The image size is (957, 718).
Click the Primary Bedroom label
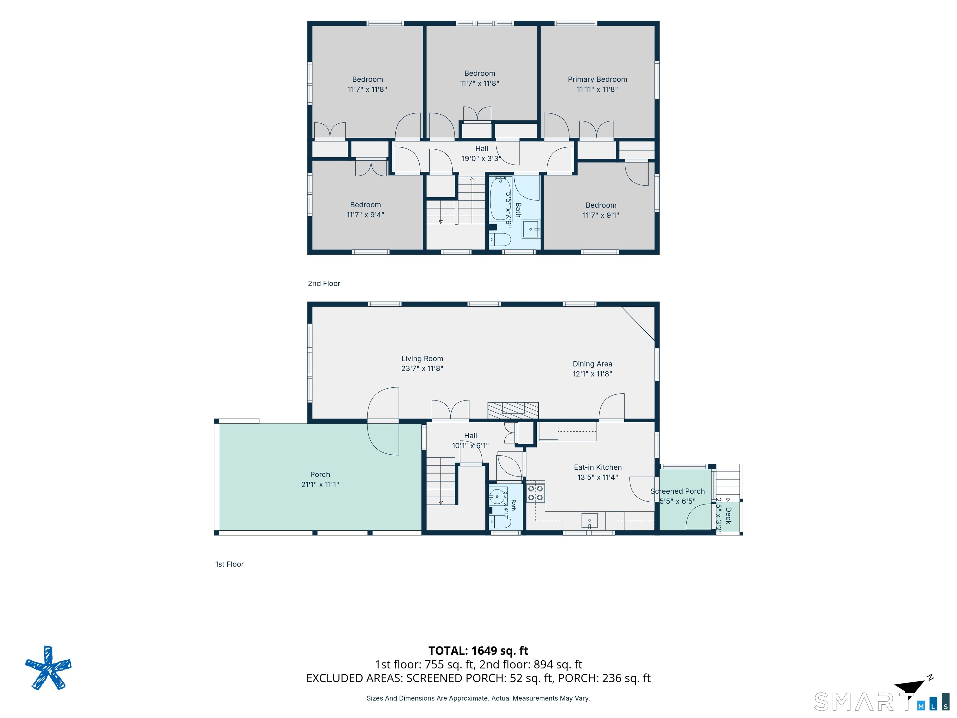597,79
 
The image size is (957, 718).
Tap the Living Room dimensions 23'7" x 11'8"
422,368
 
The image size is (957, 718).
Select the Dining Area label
592,364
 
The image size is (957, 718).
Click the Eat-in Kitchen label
598,467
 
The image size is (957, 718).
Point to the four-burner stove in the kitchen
535,492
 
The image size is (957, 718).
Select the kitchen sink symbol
589,521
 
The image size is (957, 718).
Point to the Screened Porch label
678,491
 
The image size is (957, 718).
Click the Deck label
729,515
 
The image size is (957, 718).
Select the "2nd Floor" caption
324,284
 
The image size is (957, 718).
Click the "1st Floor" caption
229,564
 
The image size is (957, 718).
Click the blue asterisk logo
48,668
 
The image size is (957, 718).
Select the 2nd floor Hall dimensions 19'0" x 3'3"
482,158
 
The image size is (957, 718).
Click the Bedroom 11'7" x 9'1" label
601,210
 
